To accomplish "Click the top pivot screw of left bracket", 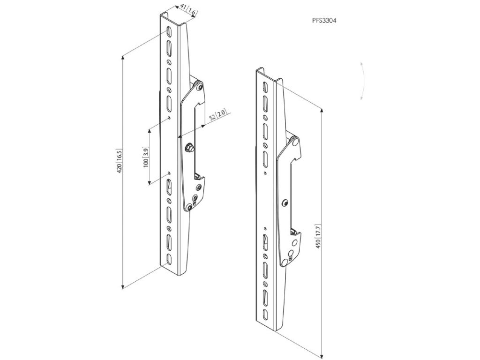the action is tap(200, 87).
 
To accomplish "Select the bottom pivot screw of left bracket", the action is tap(188, 207).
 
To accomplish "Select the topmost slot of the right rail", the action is tap(265, 87).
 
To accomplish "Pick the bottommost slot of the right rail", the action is tap(266, 313).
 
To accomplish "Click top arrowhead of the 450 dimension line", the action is tap(323, 111).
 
